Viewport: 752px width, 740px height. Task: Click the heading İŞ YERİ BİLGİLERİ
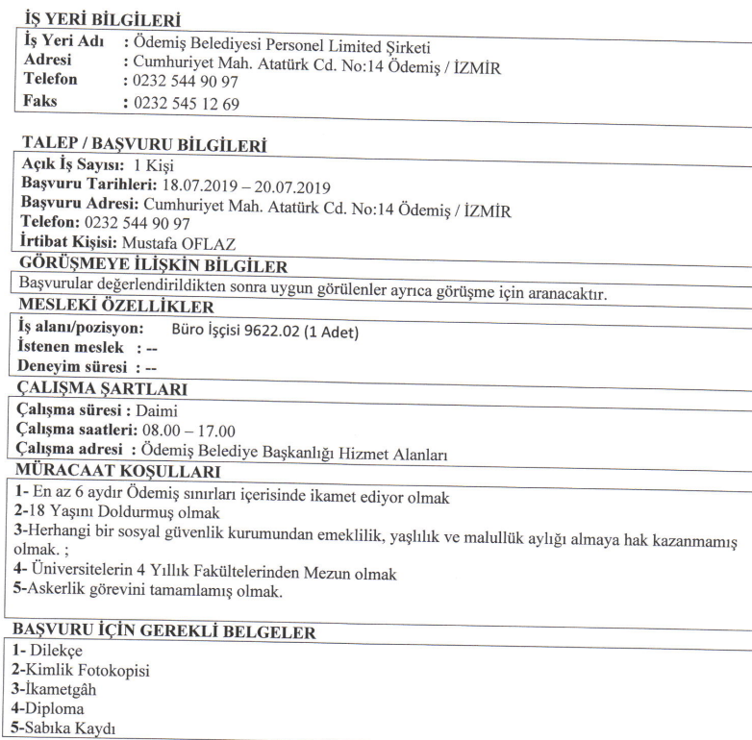94,20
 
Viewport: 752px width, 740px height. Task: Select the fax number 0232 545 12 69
188,104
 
